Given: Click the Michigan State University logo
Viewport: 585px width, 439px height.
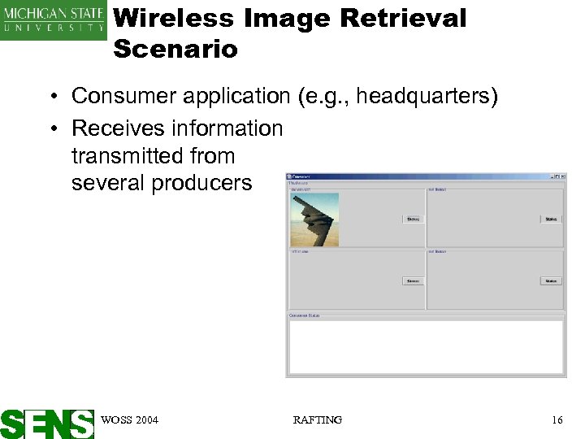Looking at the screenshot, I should pyautogui.click(x=54, y=20).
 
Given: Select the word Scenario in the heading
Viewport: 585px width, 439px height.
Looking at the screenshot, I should pyautogui.click(x=175, y=49).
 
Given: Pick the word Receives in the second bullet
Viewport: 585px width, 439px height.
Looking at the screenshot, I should pyautogui.click(x=113, y=128).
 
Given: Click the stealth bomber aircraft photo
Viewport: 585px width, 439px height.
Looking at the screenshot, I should pyautogui.click(x=314, y=219).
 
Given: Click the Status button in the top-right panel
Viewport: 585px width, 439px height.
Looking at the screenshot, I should pyautogui.click(x=551, y=219).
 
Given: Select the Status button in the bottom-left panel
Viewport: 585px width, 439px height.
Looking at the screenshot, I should pyautogui.click(x=413, y=281).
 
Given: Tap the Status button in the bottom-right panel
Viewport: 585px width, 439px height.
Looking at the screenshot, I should pyautogui.click(x=551, y=281).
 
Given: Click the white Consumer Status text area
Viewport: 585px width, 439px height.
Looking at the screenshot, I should pyautogui.click(x=425, y=346).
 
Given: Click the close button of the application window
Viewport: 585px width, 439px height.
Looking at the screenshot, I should pyautogui.click(x=561, y=176).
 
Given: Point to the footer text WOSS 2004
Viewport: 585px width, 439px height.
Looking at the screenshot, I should pyautogui.click(x=129, y=420).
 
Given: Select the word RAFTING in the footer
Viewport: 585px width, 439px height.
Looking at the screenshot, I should pyautogui.click(x=317, y=420).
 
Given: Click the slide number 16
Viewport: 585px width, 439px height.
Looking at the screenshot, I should pyautogui.click(x=557, y=420).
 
